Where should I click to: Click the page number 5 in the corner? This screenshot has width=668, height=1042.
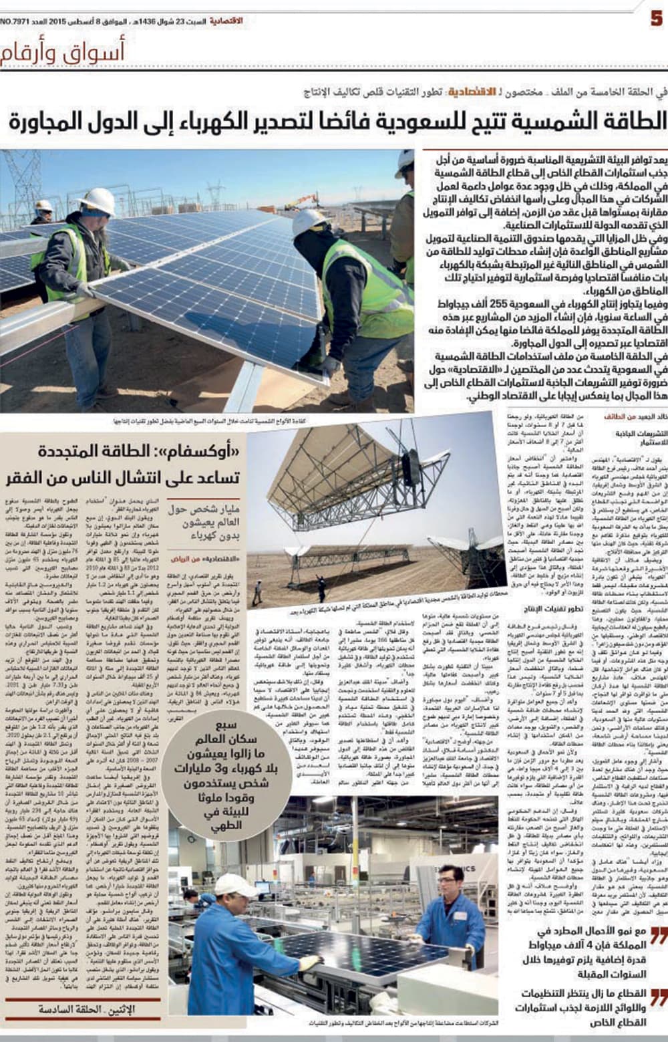656,19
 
